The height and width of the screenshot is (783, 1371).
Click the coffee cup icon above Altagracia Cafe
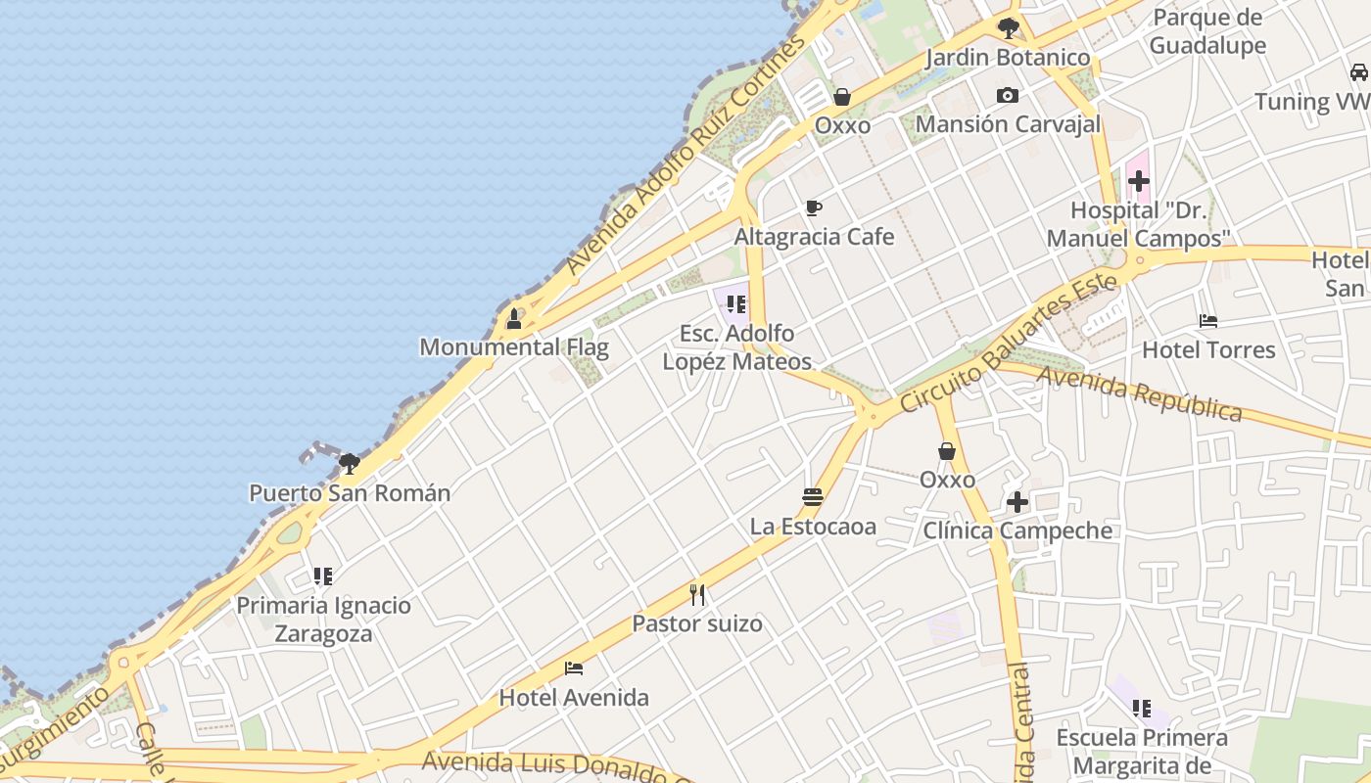click(x=813, y=207)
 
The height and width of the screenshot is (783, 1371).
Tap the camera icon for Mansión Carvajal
click(x=1007, y=95)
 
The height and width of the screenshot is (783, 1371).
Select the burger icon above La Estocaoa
click(x=812, y=496)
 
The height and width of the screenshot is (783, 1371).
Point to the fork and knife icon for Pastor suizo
click(x=697, y=594)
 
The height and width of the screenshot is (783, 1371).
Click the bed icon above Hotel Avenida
click(x=574, y=668)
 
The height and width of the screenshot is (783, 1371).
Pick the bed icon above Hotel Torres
click(x=1208, y=320)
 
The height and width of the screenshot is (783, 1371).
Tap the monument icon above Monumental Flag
click(x=514, y=318)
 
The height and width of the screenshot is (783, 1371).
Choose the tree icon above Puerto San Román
click(x=350, y=463)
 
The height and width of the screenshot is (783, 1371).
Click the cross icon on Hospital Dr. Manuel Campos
click(x=1138, y=181)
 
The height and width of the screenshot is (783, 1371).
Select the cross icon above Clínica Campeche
click(x=1017, y=502)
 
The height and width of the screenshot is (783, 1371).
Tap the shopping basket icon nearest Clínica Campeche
click(x=947, y=451)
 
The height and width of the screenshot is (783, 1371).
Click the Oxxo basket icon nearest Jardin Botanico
click(x=842, y=97)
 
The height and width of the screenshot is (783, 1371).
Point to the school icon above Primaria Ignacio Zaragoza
click(x=323, y=576)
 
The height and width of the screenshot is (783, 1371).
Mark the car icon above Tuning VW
click(x=1358, y=72)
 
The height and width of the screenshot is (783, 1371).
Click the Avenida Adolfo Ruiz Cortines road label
click(x=685, y=157)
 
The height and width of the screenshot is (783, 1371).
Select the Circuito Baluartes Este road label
click(x=1009, y=343)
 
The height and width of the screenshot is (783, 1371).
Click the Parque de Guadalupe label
click(x=1207, y=31)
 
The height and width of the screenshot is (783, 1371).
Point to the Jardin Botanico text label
click(x=1008, y=58)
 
